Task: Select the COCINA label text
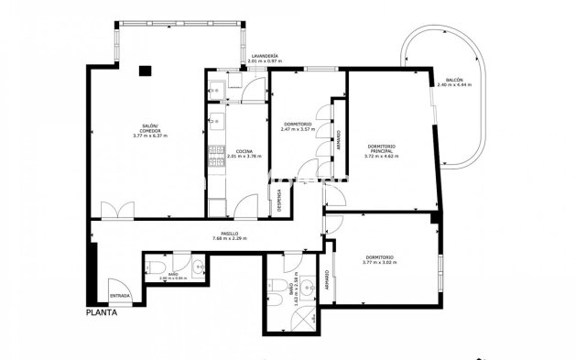click(244, 151)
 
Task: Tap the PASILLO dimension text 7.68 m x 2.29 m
click(230, 239)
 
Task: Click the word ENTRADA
click(120, 296)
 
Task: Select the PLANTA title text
click(102, 311)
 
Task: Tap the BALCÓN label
click(453, 80)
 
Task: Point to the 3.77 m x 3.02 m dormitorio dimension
click(378, 262)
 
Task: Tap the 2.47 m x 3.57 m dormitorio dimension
click(297, 129)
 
